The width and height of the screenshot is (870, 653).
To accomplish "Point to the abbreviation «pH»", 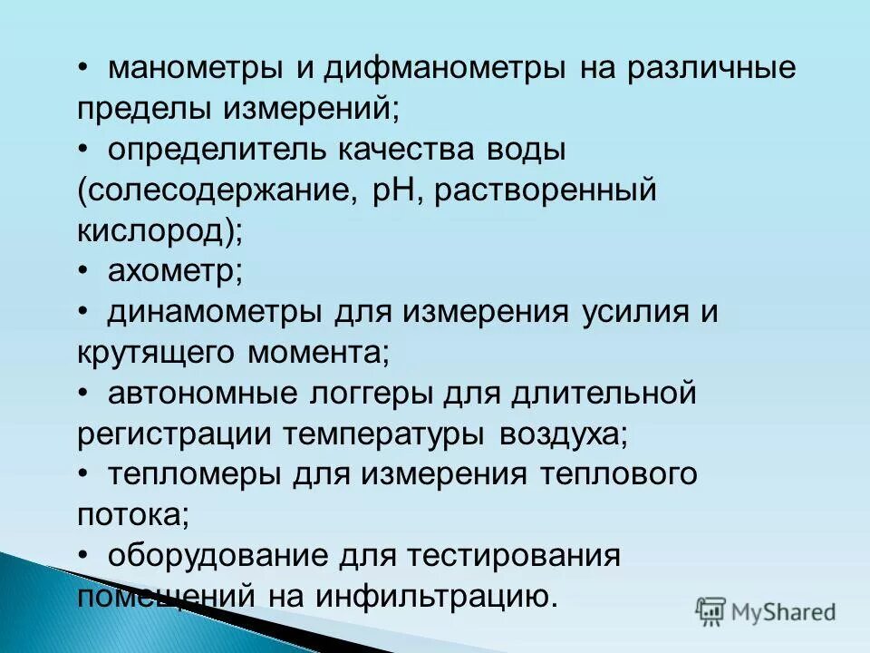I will tap(391, 191).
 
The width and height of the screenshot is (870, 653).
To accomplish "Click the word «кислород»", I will tap(154, 231).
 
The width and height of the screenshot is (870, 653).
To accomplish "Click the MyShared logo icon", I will tap(710, 612).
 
